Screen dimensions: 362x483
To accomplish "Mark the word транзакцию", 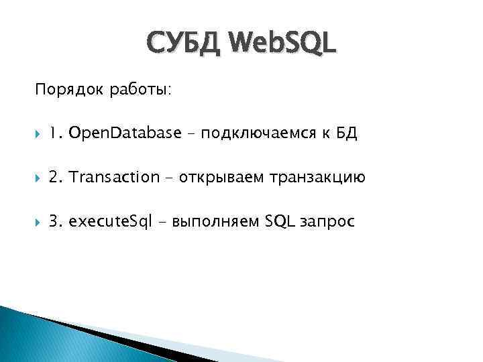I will tap(317, 178).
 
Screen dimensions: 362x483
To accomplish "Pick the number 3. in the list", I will tap(56, 222).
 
